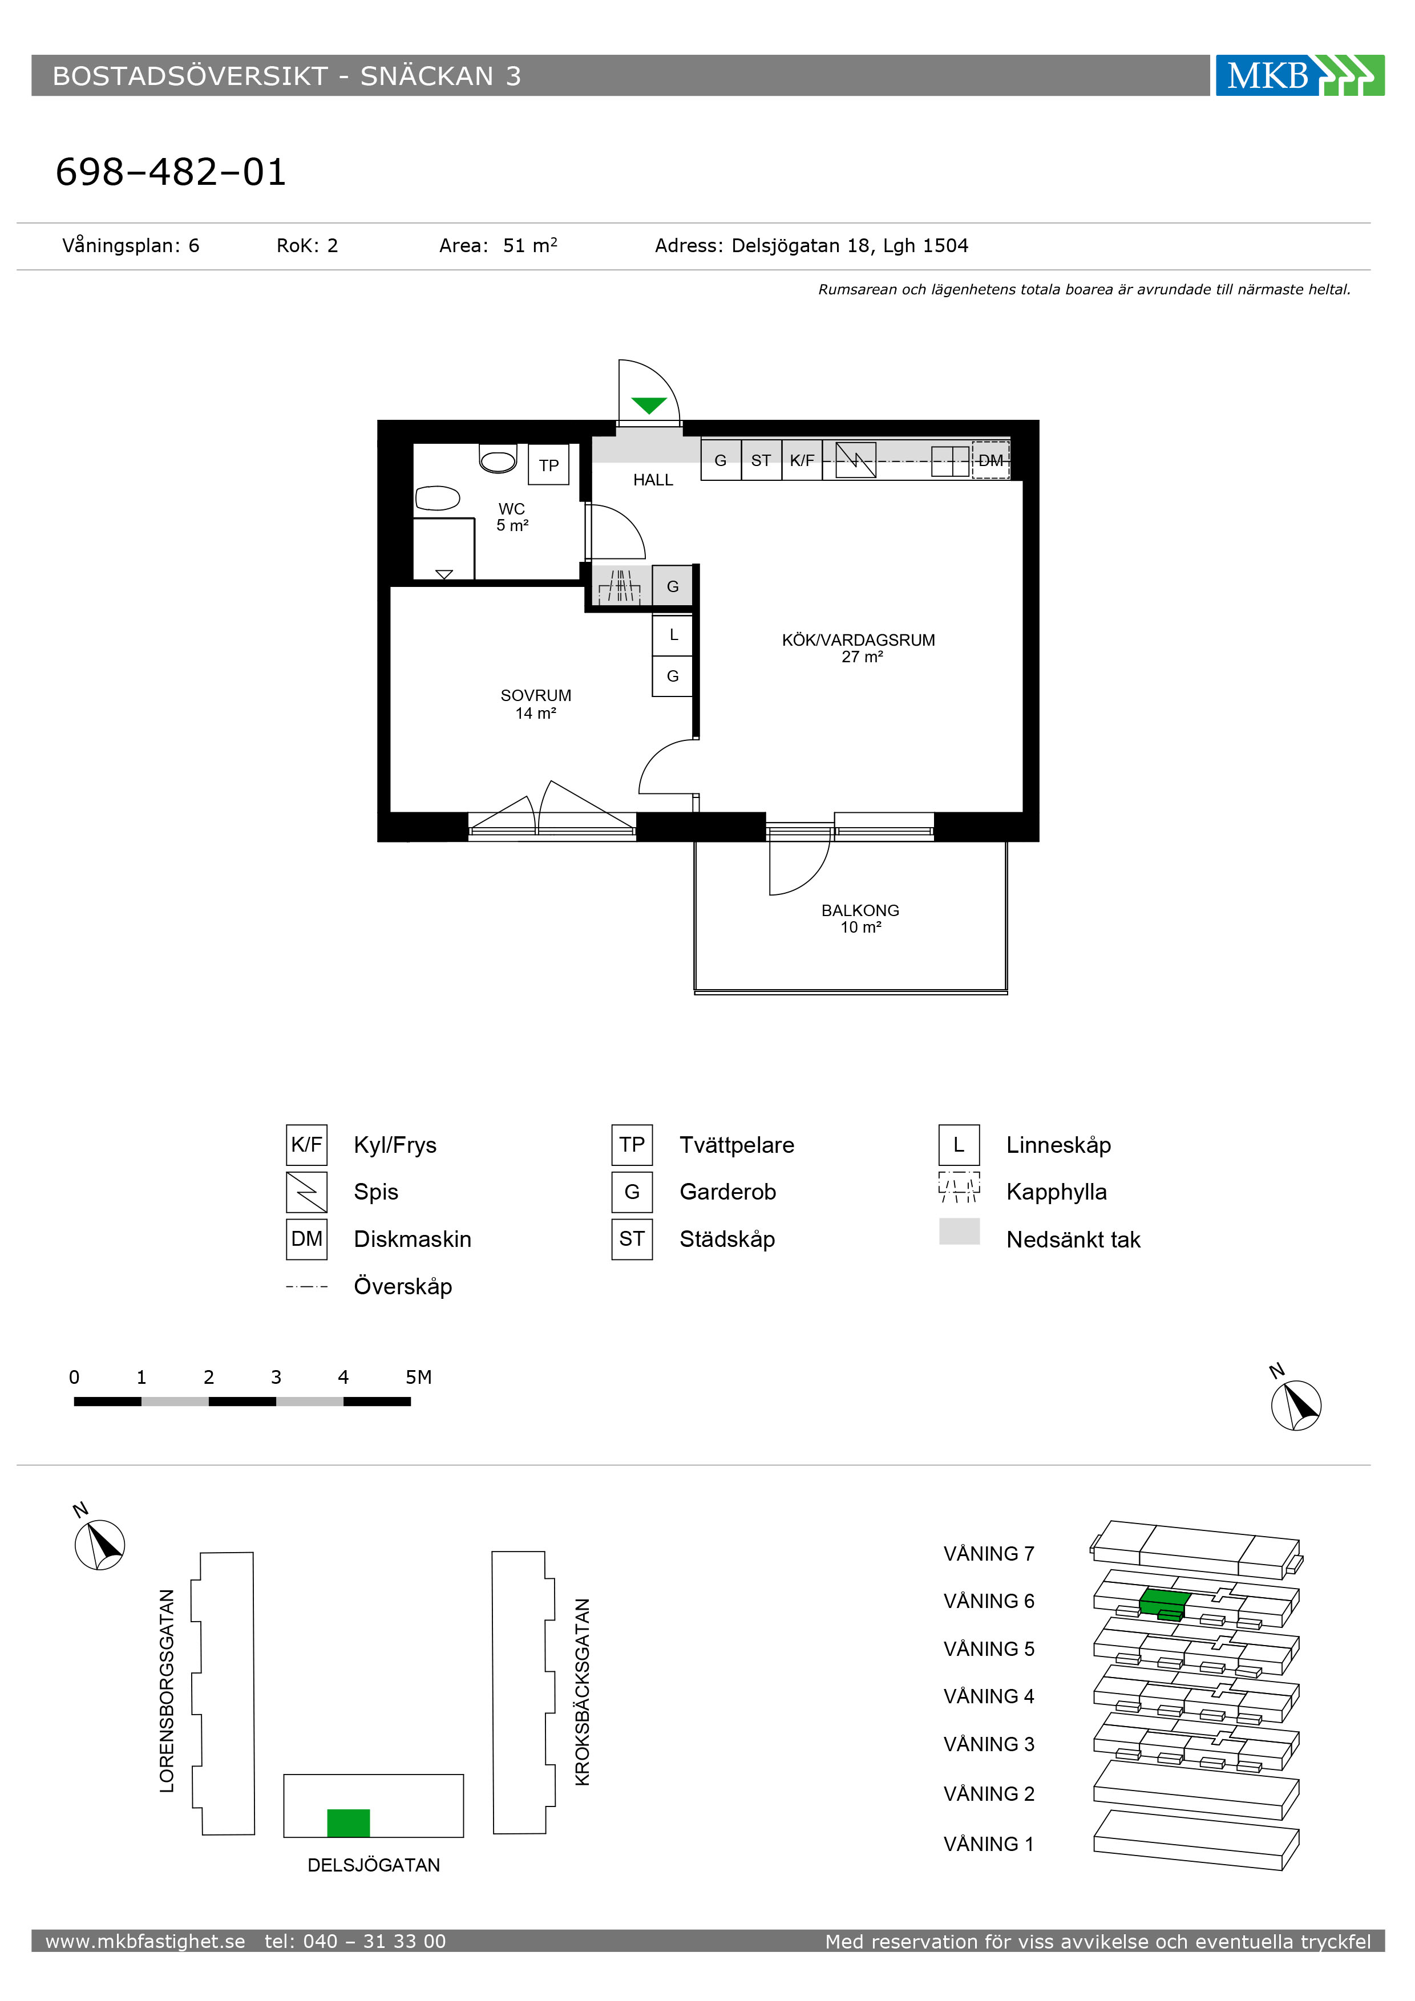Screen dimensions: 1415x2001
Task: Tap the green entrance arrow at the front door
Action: coord(649,405)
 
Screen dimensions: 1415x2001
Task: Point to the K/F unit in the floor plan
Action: coord(802,460)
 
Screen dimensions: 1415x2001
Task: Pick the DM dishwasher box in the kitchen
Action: coord(990,460)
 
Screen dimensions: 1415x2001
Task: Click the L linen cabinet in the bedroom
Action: coord(673,635)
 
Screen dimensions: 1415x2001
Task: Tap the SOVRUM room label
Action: coord(536,695)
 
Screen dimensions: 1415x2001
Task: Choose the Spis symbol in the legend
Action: coord(307,1192)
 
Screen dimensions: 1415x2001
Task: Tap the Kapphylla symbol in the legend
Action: coord(959,1187)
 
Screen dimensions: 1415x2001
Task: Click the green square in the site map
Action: coord(349,1823)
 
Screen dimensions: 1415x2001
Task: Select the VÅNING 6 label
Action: coord(989,1601)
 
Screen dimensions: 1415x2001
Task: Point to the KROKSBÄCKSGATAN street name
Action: coord(583,1692)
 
